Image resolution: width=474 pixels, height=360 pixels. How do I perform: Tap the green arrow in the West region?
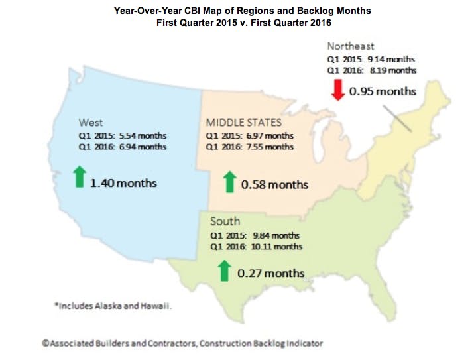80,178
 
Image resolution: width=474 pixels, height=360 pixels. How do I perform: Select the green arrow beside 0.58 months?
229,182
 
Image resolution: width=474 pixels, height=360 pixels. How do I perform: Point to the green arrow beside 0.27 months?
224,270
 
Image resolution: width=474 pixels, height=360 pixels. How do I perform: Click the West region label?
90,122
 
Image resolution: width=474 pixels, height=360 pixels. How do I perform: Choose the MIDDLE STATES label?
243,122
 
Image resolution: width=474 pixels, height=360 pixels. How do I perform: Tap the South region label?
225,221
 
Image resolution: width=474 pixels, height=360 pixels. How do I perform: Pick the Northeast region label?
351,46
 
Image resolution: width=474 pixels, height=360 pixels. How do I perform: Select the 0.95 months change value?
383,90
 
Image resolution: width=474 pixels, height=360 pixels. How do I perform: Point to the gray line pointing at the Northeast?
396,123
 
